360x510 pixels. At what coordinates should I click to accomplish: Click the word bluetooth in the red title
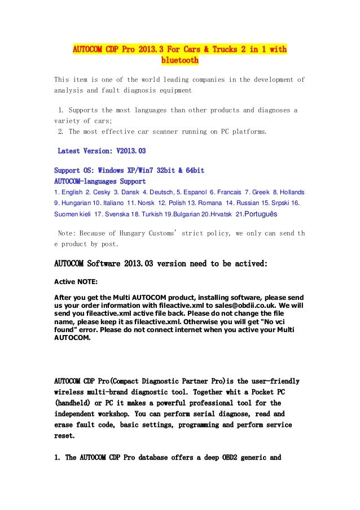[180, 60]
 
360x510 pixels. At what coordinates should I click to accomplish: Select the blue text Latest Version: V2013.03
[102, 151]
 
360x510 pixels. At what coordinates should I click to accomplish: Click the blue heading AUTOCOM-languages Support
[100, 181]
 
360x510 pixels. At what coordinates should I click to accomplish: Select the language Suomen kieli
[73, 215]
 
